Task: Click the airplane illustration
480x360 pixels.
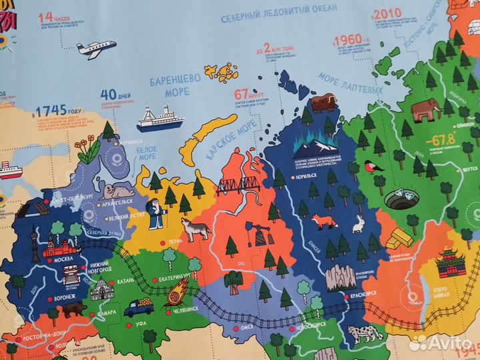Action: click(96, 49)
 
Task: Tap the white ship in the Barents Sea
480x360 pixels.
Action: click(160, 119)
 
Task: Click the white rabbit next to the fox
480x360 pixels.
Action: click(359, 224)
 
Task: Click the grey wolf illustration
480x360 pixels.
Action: click(197, 229)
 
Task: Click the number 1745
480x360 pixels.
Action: click(49, 110)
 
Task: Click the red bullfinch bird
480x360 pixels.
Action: click(374, 166)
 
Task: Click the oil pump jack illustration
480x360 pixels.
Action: click(255, 233)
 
